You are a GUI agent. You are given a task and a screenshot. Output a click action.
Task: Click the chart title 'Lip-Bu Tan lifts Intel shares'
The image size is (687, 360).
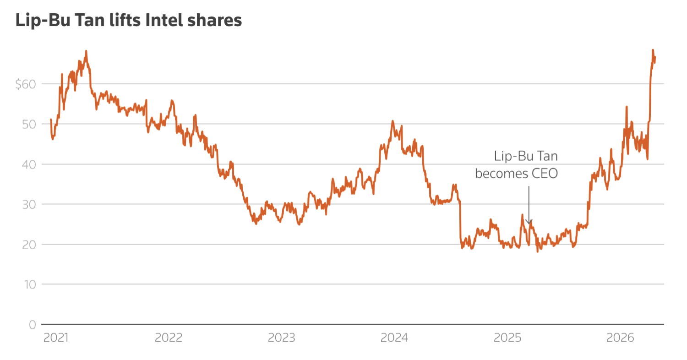[x=129, y=21]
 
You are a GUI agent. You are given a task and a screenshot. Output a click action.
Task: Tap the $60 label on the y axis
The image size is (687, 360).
[x=25, y=84]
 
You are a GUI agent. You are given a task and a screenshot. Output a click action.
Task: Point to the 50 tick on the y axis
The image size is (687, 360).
[x=28, y=124]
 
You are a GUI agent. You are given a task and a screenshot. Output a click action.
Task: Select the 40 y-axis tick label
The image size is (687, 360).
[x=28, y=164]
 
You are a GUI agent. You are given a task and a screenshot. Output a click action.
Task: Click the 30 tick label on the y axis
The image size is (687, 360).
[x=28, y=204]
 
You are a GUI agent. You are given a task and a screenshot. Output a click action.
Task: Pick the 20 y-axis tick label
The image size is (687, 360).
[x=28, y=244]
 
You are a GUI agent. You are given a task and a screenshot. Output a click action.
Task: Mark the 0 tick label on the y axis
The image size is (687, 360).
[x=32, y=324]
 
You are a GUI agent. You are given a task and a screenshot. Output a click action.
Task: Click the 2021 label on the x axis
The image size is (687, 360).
[x=56, y=338]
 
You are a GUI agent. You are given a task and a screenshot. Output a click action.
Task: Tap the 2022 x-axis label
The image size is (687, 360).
[x=169, y=338]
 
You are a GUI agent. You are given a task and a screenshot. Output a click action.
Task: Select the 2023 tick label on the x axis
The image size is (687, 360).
[x=281, y=338]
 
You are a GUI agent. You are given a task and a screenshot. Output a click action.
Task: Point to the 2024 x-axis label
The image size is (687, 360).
[x=394, y=338]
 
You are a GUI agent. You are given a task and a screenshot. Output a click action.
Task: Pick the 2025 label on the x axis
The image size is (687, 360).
[x=507, y=338]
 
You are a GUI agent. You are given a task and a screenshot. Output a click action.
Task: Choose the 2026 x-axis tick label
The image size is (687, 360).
[x=620, y=338]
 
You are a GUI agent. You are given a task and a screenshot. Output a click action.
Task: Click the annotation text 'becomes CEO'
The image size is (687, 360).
[x=517, y=174]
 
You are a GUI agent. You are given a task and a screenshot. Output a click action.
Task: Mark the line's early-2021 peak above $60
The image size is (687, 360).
[x=86, y=51]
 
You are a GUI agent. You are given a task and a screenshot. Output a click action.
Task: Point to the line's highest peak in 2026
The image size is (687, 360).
[x=653, y=50]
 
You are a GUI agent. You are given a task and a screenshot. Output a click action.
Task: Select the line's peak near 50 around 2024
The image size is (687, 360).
[x=393, y=121]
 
